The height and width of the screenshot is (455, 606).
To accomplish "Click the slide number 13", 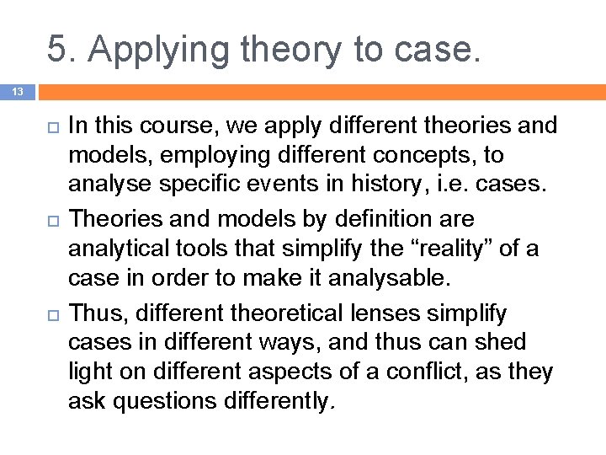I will (x=17, y=91).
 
